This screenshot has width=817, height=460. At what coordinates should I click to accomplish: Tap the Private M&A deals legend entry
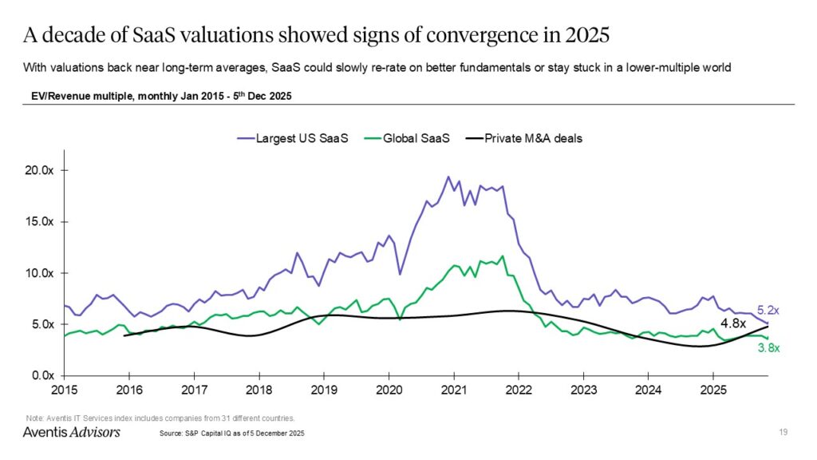click(526, 138)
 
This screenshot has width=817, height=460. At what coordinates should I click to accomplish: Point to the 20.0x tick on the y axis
click(37, 170)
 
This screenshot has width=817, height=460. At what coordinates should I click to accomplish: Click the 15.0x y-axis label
click(37, 221)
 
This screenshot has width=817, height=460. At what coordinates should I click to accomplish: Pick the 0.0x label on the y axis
click(39, 375)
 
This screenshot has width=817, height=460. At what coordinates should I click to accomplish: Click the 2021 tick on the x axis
click(453, 391)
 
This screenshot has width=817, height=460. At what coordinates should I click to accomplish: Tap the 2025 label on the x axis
click(712, 391)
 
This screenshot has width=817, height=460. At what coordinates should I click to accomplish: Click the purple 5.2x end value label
click(767, 310)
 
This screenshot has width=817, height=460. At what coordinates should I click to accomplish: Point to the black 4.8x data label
click(733, 324)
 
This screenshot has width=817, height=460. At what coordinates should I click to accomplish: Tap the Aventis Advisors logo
click(71, 432)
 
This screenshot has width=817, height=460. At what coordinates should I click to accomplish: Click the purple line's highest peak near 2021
click(448, 176)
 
